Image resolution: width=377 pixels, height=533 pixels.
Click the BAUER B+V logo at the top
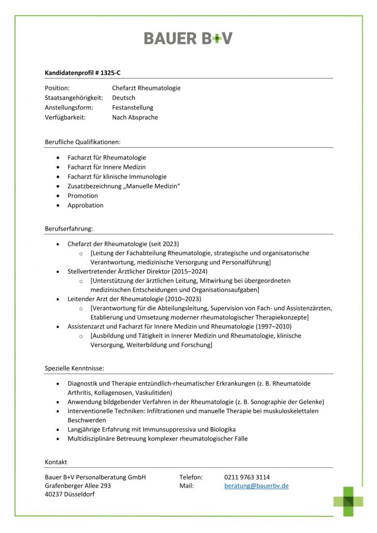[188, 38]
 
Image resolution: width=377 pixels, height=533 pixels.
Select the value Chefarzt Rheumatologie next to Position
[146, 88]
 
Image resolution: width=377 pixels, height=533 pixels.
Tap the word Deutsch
[123, 98]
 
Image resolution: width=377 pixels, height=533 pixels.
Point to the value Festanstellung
[132, 108]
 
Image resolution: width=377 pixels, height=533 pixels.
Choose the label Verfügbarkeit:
[65, 118]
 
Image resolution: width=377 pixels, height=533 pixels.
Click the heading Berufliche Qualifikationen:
[83, 142]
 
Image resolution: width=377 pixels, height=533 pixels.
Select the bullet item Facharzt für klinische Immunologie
[117, 176]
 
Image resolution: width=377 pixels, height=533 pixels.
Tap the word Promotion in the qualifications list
[82, 196]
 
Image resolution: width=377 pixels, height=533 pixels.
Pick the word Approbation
[85, 205]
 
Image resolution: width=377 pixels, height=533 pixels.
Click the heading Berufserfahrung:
[69, 229]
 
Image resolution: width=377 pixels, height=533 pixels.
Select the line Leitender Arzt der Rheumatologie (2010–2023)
[134, 299]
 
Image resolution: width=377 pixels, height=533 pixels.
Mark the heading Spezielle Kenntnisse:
[74, 368]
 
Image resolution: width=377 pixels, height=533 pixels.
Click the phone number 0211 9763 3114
[247, 477]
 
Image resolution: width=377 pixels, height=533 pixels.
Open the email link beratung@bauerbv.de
[256, 486]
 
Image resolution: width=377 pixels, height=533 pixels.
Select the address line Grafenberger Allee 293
[78, 486]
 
